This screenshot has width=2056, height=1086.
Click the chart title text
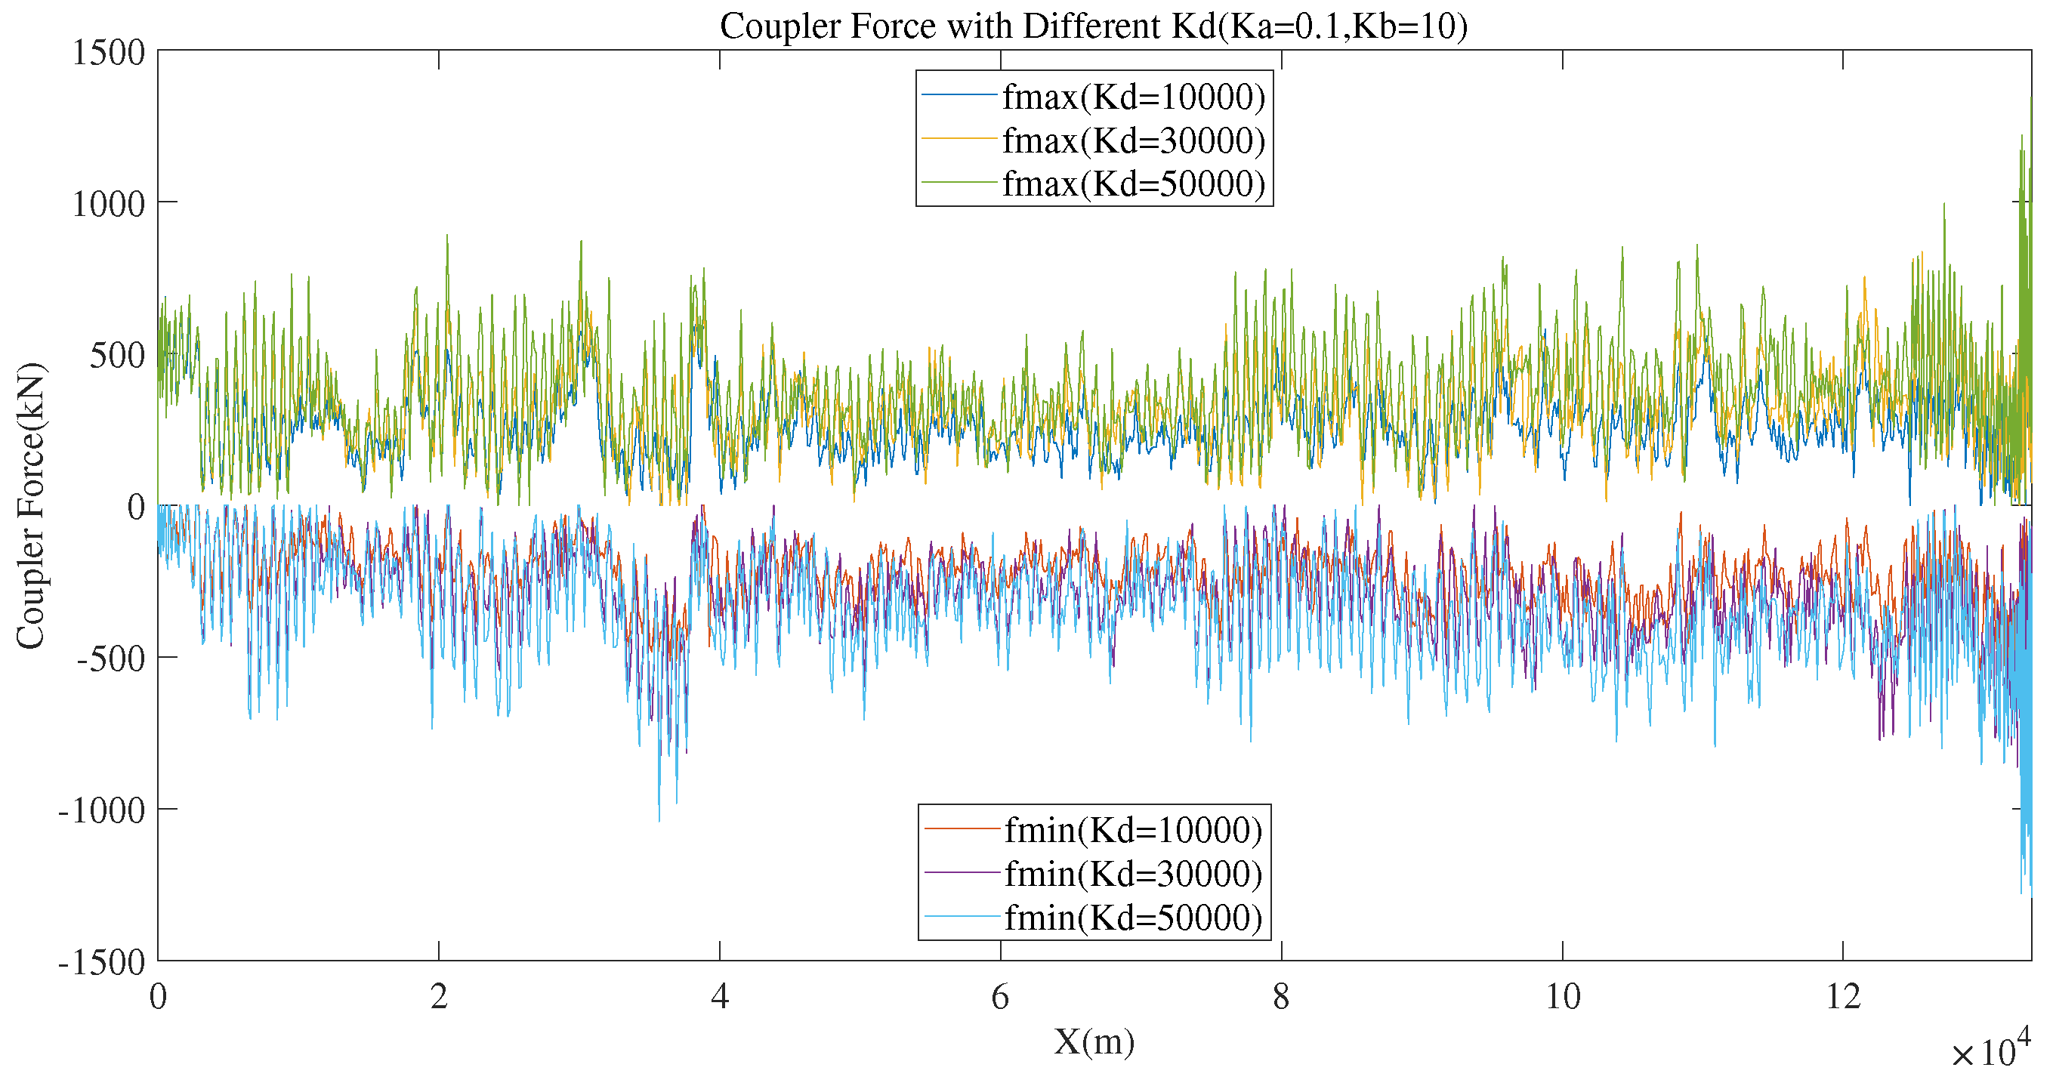coord(1094,26)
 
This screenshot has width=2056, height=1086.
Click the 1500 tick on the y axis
coord(109,53)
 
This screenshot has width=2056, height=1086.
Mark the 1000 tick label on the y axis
coord(109,204)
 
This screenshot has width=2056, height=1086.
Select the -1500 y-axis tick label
coord(102,962)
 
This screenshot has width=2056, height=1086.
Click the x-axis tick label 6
coord(1000,997)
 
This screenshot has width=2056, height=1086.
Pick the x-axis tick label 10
coord(1562,997)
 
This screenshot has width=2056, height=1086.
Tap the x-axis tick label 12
coord(1843,997)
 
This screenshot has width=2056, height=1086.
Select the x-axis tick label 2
coord(438,997)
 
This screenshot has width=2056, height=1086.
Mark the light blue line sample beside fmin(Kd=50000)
coord(962,918)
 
